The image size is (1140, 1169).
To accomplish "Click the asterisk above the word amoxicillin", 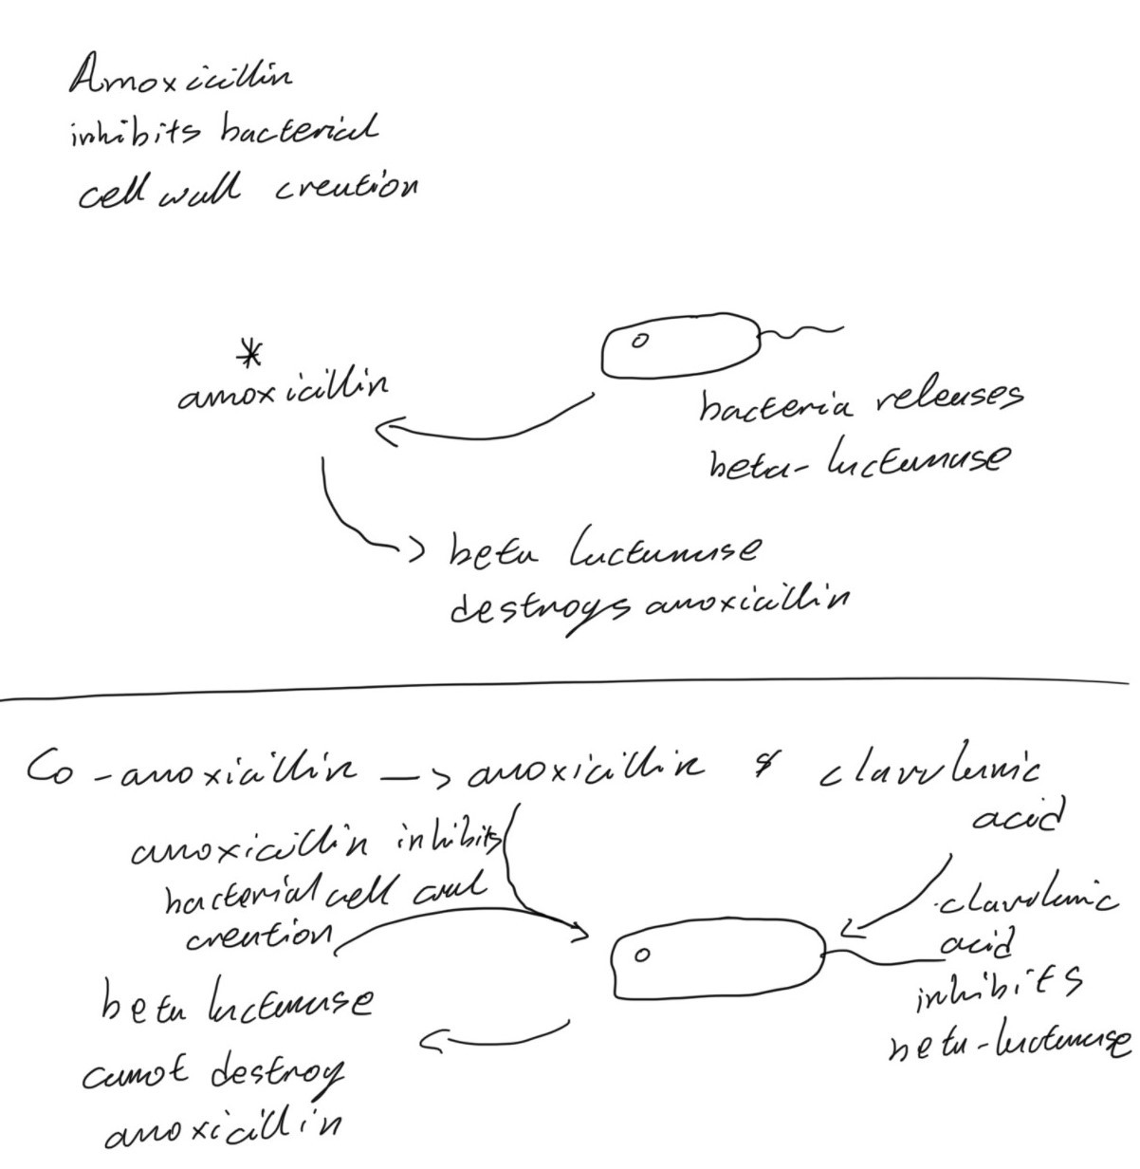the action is tap(249, 356).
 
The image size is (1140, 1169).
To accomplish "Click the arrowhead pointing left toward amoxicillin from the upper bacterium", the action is tap(384, 435).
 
